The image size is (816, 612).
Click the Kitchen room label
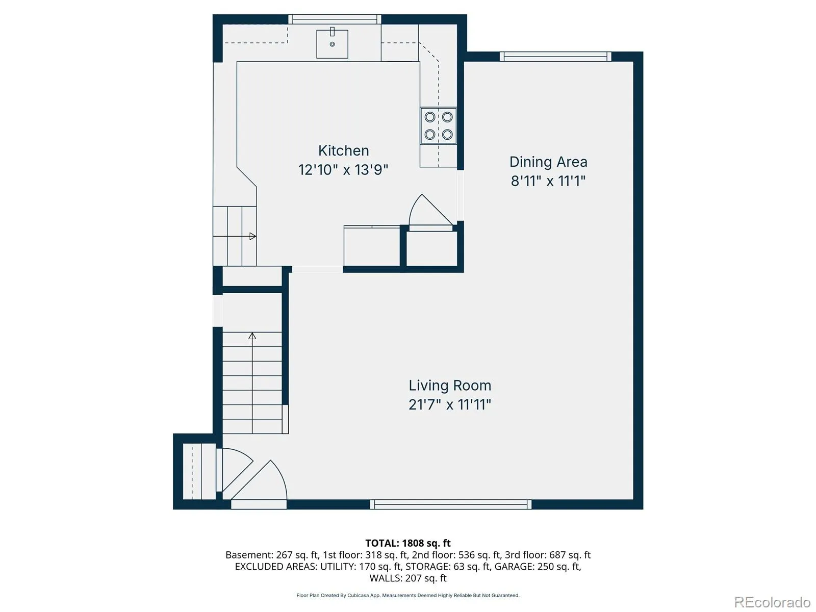(x=344, y=150)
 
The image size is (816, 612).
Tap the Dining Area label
(x=548, y=162)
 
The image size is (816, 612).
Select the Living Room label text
(x=450, y=386)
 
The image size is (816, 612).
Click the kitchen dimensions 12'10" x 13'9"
(x=343, y=170)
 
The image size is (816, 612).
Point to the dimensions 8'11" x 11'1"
(x=548, y=181)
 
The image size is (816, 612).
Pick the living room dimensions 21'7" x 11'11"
(x=450, y=404)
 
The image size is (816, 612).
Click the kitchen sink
(x=332, y=44)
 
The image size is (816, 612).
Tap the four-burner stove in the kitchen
(x=439, y=125)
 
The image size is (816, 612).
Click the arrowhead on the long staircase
(x=252, y=336)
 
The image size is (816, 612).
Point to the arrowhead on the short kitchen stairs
(x=253, y=236)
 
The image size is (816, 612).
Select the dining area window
(x=555, y=57)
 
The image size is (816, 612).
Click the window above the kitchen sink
(x=335, y=19)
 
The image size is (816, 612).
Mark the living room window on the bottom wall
(x=450, y=504)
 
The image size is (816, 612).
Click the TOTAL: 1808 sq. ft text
(x=408, y=543)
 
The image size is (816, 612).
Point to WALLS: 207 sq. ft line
(x=408, y=578)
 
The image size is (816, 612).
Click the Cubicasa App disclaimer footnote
(x=408, y=595)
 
